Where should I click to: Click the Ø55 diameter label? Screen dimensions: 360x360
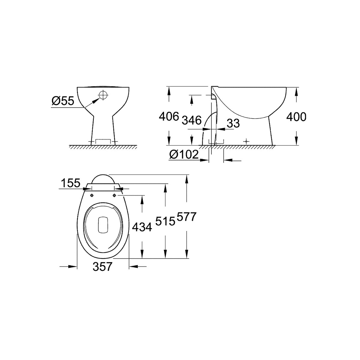point(63,101)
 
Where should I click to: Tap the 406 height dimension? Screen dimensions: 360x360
point(169,117)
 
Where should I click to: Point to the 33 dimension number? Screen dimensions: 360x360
point(233,123)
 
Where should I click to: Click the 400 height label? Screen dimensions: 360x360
point(296,117)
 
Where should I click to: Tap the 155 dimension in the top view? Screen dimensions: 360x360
point(71,183)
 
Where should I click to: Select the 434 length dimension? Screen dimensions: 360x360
point(142,227)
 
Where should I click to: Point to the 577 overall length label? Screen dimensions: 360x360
point(187,217)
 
